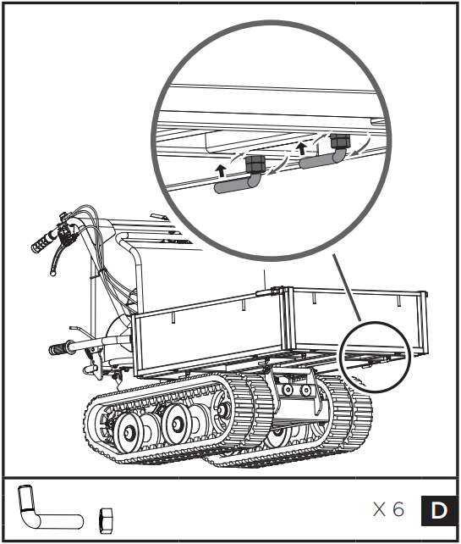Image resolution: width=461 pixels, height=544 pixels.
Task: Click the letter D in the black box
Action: click(x=438, y=510)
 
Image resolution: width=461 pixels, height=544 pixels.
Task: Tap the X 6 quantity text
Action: click(x=389, y=510)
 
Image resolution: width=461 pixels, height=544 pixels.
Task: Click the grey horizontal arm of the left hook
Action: click(x=233, y=184)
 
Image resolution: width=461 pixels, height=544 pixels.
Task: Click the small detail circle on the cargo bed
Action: click(x=376, y=356)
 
